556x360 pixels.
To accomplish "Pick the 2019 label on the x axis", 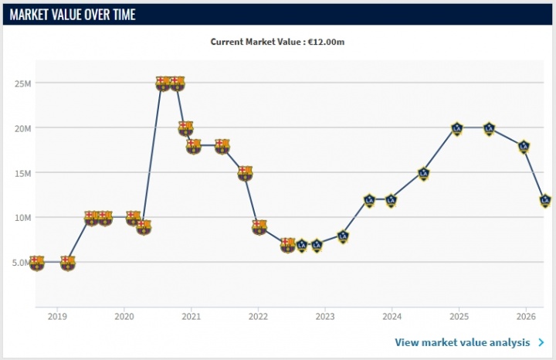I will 56,317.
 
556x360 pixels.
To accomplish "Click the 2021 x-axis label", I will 191,317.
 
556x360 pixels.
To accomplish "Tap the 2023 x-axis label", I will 325,317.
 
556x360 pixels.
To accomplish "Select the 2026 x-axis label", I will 526,317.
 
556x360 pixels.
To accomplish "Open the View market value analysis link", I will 462,342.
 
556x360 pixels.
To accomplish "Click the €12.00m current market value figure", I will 325,42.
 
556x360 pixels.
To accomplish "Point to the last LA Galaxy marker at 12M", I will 545,201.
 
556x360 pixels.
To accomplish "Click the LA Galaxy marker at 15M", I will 423,174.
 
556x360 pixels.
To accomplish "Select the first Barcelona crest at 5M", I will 36,263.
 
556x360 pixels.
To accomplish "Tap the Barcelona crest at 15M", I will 245,173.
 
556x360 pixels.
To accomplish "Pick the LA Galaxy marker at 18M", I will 524,146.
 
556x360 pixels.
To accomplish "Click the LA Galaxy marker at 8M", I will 343,236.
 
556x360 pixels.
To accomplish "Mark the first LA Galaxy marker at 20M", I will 456,128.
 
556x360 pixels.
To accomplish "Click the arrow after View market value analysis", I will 541,342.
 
